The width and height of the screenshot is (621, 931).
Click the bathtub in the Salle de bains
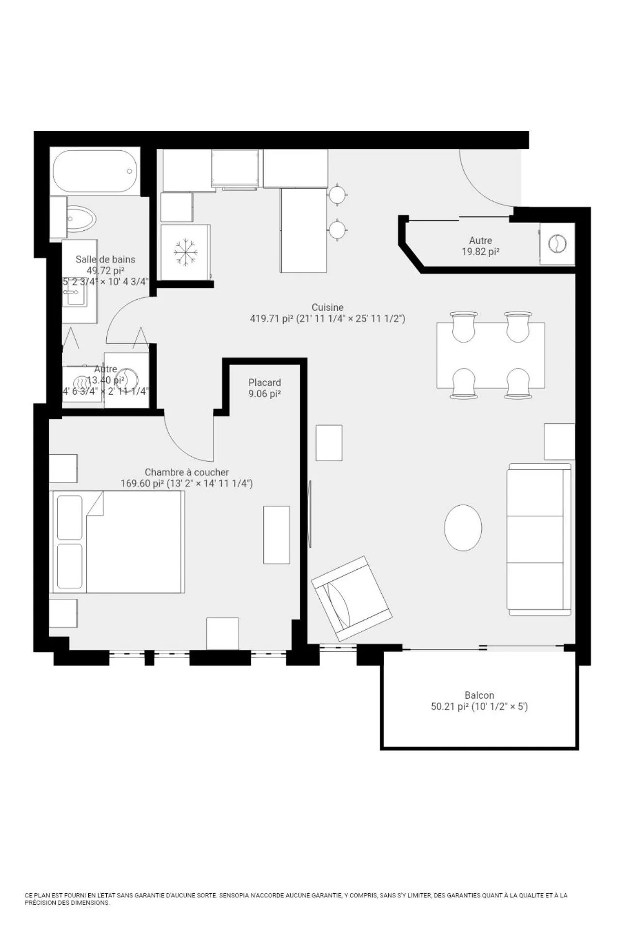pos(95,171)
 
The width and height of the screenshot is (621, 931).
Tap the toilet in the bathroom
pos(81,219)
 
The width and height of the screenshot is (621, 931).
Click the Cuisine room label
pos(327,307)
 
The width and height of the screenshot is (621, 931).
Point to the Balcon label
pos(479,695)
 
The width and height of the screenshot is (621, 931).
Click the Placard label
pos(264,382)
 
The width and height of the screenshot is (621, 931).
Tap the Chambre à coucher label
pos(187,472)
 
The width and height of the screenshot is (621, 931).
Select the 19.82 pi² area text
pos(480,252)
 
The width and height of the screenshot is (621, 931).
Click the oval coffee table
pos(463,528)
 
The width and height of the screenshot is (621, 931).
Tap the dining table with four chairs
pos(490,355)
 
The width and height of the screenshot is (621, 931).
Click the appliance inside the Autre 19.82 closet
pos(557,243)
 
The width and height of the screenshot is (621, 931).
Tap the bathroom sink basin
pos(77,295)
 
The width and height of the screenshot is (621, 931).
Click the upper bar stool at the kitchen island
pos(337,195)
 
